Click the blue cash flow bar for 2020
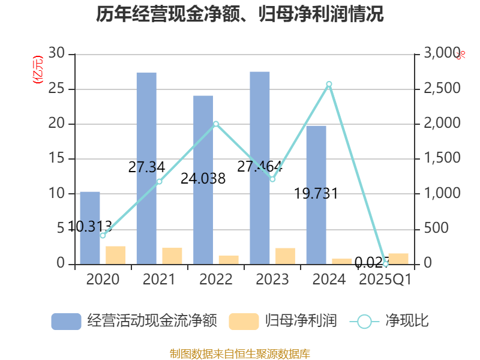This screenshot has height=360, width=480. point(90,228)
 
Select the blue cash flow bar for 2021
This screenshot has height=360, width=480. point(146,168)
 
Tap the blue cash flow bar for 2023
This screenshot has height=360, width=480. point(260,168)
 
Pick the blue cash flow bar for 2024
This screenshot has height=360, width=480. point(316,195)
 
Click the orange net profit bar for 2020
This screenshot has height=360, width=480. point(116,255)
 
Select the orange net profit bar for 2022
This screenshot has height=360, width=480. point(229,259)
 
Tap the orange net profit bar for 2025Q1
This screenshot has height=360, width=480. point(398,259)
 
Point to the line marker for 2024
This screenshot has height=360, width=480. point(329,84)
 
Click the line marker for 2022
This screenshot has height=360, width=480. point(216,124)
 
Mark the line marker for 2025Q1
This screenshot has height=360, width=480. point(386,264)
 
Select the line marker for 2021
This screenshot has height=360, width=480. point(160,181)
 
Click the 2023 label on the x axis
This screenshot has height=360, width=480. point(272,280)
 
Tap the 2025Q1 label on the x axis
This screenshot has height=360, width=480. point(385,280)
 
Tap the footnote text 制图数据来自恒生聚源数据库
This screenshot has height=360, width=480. point(240,353)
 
